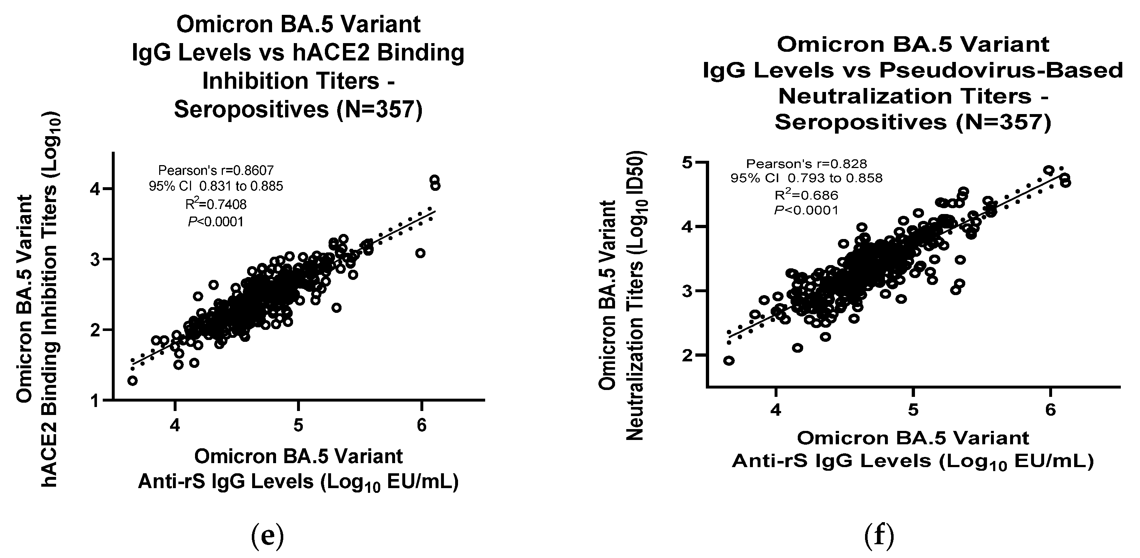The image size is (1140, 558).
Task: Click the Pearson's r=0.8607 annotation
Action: [x=216, y=170]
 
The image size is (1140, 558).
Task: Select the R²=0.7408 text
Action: [x=216, y=204]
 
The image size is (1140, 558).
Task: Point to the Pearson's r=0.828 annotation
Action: [x=806, y=164]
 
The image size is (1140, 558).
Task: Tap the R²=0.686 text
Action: [x=806, y=195]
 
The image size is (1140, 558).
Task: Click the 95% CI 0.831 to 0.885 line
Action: [x=216, y=186]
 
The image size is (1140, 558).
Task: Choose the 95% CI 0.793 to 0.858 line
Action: [x=806, y=179]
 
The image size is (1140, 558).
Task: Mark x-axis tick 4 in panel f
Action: [x=775, y=411]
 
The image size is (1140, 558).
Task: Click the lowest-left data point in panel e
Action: [x=132, y=381]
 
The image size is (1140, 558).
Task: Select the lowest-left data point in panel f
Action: [x=729, y=361]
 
